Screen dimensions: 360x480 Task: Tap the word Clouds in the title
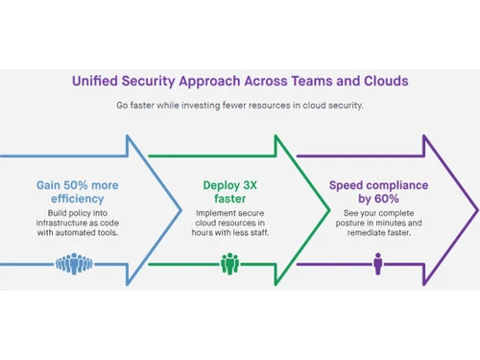(x=379, y=82)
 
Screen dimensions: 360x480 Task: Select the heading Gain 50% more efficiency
(x=80, y=192)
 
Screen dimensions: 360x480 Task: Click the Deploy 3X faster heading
(x=230, y=192)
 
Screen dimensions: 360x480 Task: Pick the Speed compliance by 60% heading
(x=377, y=192)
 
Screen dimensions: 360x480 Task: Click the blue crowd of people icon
(x=80, y=263)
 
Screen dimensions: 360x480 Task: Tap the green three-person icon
(x=230, y=263)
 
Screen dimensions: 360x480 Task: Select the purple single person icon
(x=378, y=263)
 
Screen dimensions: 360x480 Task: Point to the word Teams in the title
(x=313, y=82)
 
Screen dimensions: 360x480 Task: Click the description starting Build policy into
(x=80, y=224)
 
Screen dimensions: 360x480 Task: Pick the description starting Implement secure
(x=230, y=224)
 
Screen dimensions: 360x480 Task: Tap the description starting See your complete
(x=377, y=224)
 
